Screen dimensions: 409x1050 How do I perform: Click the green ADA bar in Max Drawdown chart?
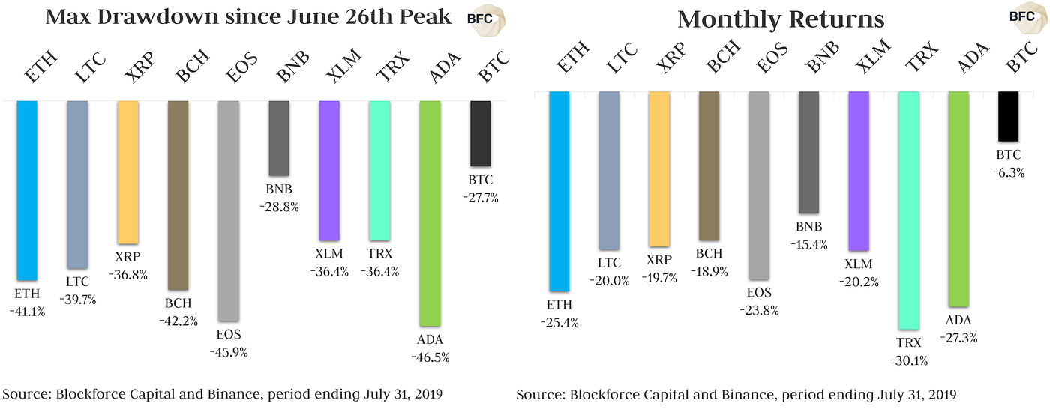(430, 213)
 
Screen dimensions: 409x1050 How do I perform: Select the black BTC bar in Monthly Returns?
(1008, 116)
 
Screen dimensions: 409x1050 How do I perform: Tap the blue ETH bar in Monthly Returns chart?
(559, 191)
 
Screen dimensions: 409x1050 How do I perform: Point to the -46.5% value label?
(430, 357)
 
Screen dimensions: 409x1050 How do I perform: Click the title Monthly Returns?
(781, 19)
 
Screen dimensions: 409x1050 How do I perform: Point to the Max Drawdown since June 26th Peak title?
(248, 17)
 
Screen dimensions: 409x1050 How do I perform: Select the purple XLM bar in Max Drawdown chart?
(329, 170)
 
